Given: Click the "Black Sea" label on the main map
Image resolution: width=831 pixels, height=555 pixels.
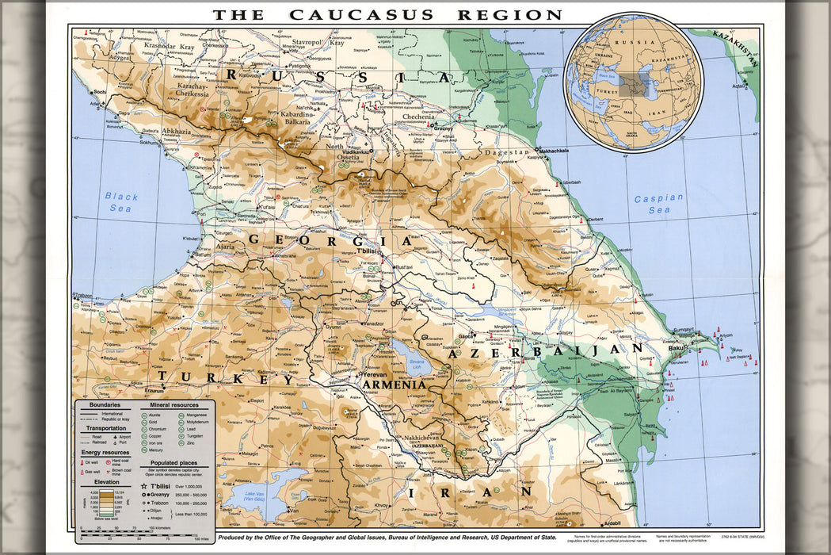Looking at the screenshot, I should click(x=121, y=202).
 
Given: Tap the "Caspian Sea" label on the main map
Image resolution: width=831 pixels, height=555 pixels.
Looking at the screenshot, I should click(x=658, y=204).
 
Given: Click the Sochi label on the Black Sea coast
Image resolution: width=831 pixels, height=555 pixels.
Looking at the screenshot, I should click(x=99, y=93).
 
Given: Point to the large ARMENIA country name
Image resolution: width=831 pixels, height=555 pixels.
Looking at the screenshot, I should click(x=395, y=385).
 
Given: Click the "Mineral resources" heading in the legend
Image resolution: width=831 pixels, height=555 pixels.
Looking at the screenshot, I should click(x=174, y=405).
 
